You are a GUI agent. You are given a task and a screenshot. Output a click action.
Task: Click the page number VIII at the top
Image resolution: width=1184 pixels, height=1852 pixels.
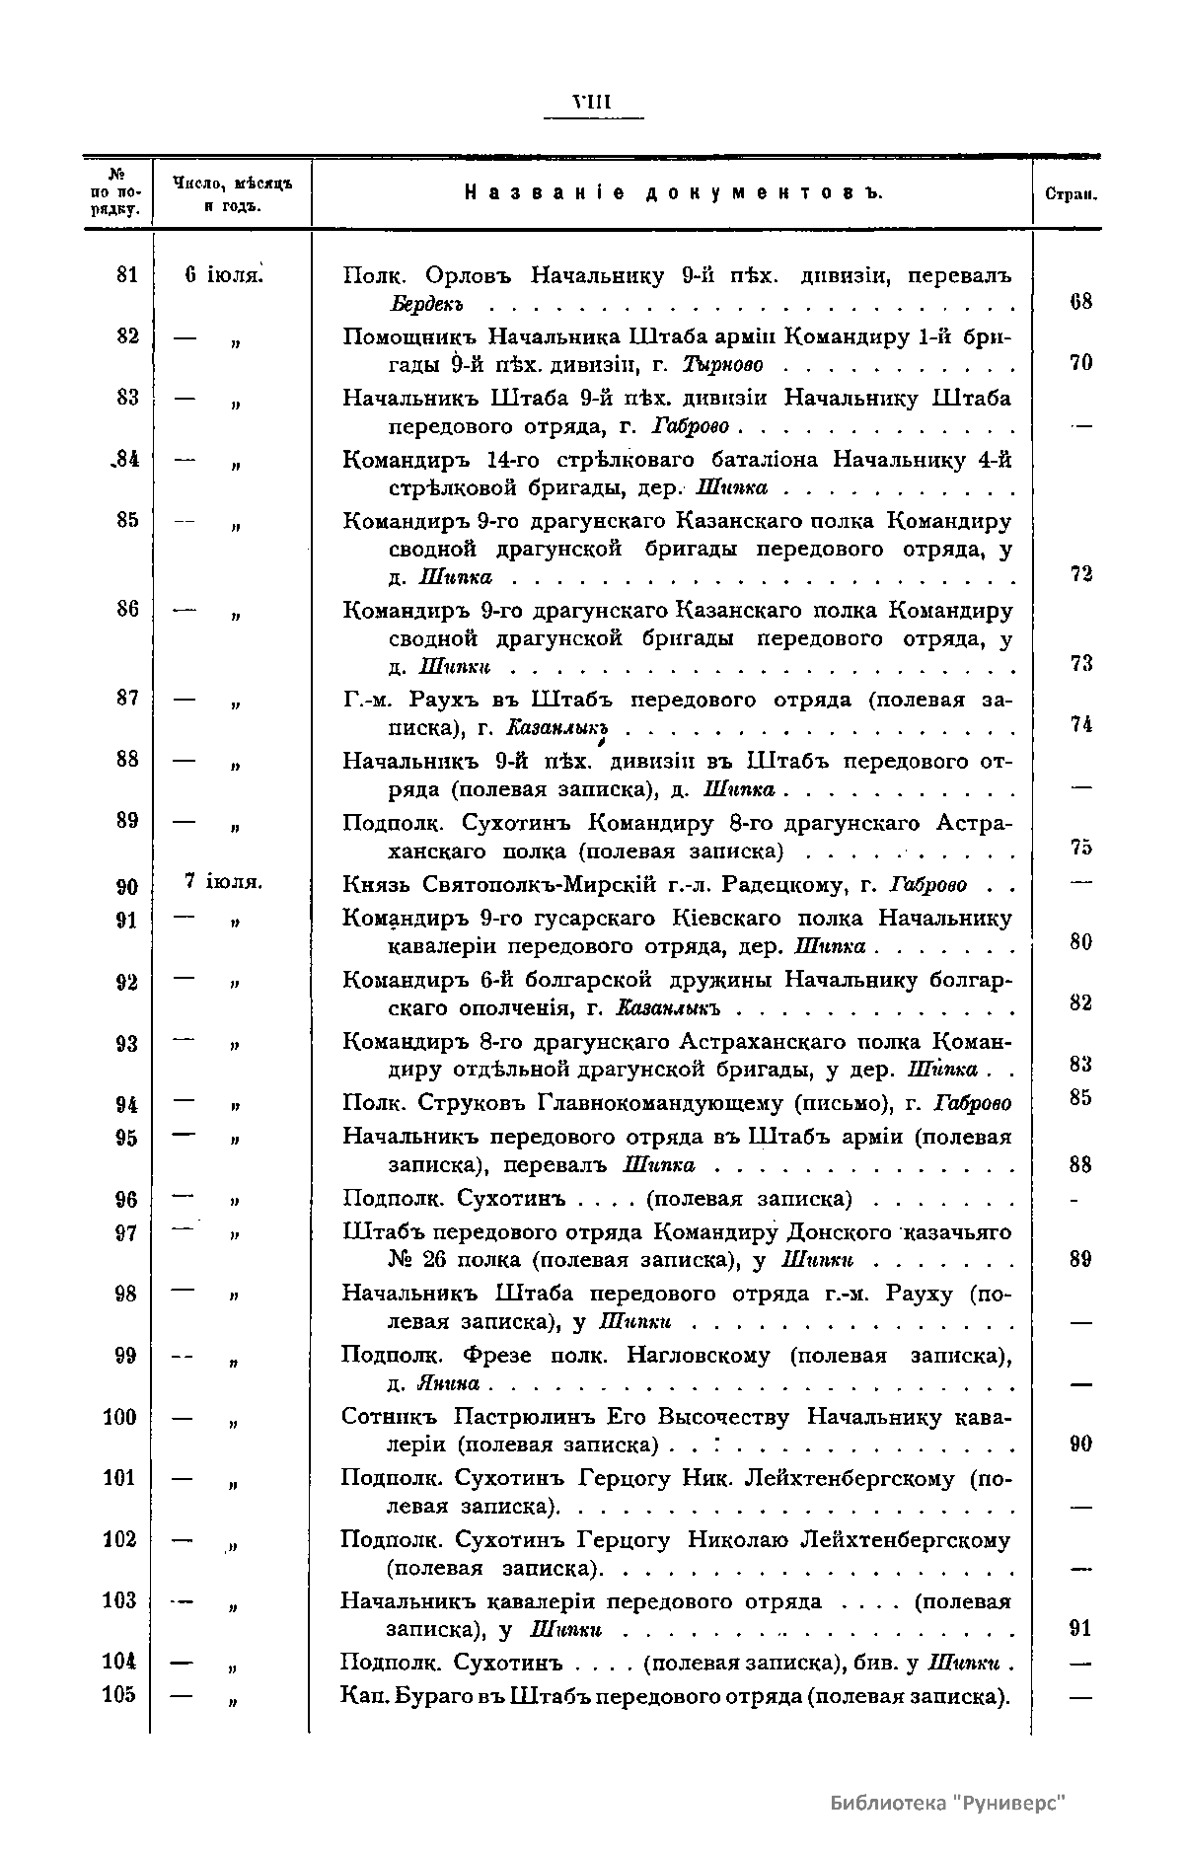pos(593,101)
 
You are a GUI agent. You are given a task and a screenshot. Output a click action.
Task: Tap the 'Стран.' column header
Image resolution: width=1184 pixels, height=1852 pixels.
pos(1069,195)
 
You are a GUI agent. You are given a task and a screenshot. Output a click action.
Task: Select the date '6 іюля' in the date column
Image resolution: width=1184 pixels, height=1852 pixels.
pos(223,275)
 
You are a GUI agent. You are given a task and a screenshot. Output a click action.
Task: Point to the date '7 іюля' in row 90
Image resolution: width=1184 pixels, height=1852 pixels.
pos(223,881)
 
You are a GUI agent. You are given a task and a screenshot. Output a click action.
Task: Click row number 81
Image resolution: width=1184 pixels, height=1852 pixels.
pos(127,275)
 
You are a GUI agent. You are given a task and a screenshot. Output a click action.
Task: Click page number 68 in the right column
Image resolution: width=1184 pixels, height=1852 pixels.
pos(1080,302)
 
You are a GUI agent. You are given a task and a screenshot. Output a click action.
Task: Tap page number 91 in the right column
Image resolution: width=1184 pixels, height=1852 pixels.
pos(1080,1629)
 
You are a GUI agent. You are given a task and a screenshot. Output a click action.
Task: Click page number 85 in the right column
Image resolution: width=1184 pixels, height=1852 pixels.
pos(1080,1097)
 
